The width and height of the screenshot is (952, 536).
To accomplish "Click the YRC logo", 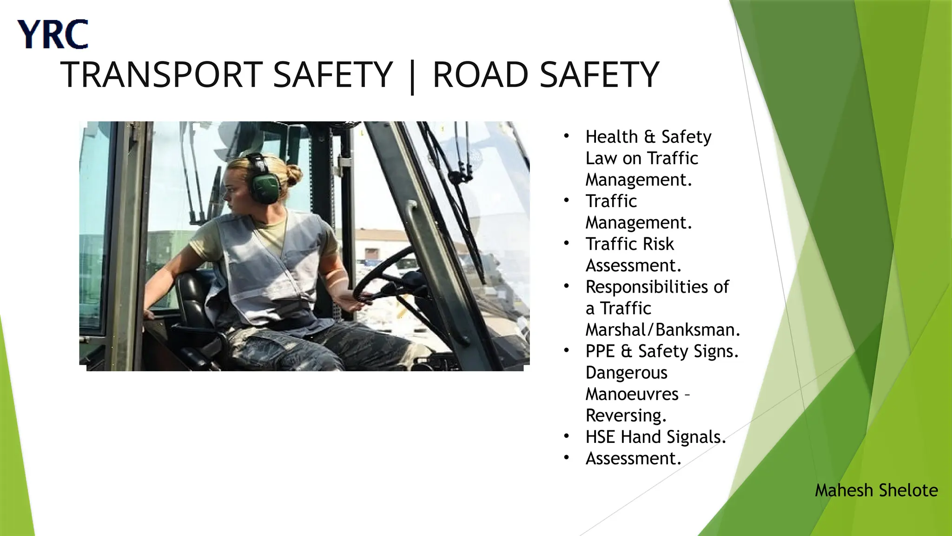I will tap(53, 34).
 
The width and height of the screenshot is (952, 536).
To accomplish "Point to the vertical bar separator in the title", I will tap(412, 77).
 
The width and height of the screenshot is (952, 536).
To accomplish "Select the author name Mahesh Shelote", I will tap(876, 490).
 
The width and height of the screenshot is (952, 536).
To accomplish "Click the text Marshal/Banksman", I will tap(662, 330).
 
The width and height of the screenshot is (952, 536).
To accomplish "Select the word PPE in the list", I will tap(600, 351).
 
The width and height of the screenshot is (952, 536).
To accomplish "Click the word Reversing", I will tap(626, 415).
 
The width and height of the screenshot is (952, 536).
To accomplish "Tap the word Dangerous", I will tap(626, 373).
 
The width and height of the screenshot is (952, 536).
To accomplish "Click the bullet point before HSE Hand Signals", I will tap(566, 436).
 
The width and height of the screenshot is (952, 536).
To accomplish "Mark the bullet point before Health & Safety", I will tap(566, 136).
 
